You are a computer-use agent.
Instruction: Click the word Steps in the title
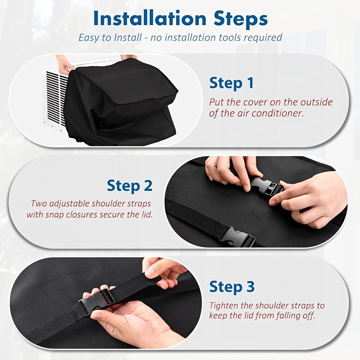coord(238,19)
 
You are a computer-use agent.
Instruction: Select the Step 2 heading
coord(130,185)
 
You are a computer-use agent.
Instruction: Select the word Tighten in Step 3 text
coord(223,306)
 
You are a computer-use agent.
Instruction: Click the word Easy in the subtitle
coord(88,37)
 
